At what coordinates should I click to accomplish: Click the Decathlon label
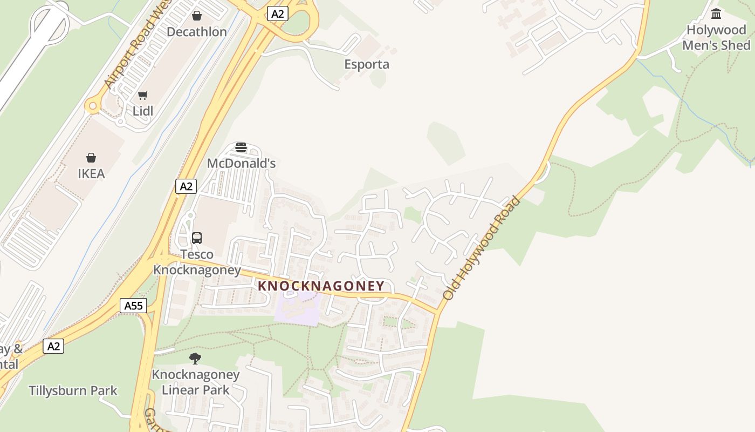[x=197, y=32]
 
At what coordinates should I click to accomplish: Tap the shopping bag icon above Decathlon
[x=197, y=16]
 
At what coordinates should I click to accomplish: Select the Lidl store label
[x=143, y=111]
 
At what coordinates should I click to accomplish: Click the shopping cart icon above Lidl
[x=143, y=96]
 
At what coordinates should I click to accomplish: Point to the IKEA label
[x=91, y=174]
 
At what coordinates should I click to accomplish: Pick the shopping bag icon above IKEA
[x=91, y=158]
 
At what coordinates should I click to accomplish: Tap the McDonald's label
[x=242, y=163]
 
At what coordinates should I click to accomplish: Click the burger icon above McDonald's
[x=241, y=147]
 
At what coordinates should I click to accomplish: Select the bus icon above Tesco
[x=197, y=238]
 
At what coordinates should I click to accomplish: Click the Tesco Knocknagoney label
[x=197, y=262]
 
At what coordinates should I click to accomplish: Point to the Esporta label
[x=367, y=64]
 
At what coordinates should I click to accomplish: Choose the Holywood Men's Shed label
[x=716, y=37]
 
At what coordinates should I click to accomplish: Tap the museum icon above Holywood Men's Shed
[x=716, y=14]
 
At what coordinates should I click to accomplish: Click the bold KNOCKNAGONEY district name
[x=321, y=286]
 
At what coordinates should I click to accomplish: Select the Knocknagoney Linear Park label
[x=195, y=382]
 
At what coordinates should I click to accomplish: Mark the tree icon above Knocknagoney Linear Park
[x=195, y=358]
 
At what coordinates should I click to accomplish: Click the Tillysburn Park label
[x=73, y=390]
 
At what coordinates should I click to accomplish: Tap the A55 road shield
[x=133, y=306]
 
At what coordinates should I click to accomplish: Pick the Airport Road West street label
[x=137, y=46]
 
